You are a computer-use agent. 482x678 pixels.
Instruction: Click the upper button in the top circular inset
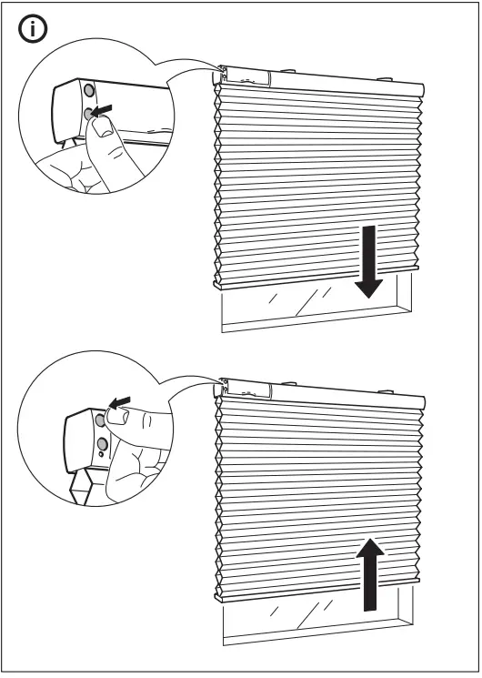tap(89, 92)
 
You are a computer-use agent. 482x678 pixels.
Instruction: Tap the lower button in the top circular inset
tap(89, 114)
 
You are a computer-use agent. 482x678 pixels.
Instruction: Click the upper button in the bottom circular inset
tap(99, 420)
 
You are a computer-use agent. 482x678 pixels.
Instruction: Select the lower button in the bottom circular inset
tap(102, 443)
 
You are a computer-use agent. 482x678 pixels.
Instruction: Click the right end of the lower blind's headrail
tap(421, 401)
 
